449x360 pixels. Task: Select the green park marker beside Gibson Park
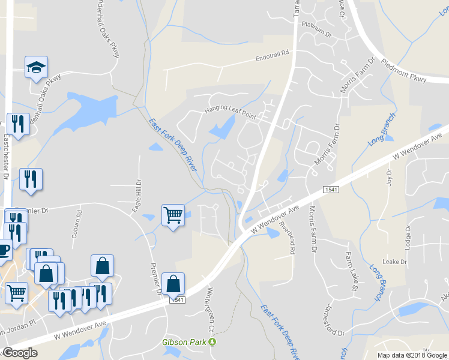tap(211, 342)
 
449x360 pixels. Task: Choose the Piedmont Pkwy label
tap(404, 69)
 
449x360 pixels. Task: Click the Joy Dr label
tap(389, 178)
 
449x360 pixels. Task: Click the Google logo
tap(20, 353)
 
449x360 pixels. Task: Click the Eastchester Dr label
tap(6, 156)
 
